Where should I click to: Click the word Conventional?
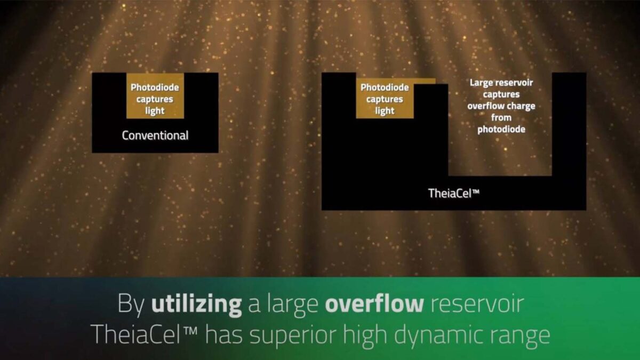click(x=155, y=135)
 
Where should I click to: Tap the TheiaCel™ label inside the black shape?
click(x=454, y=194)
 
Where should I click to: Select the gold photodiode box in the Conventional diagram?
click(x=155, y=95)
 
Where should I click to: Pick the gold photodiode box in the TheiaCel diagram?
click(x=385, y=98)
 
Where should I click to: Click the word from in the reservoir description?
click(x=501, y=118)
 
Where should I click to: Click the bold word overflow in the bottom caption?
click(x=374, y=303)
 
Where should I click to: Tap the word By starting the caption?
click(x=131, y=305)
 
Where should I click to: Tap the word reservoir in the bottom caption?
click(x=477, y=304)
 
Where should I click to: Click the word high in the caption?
click(x=365, y=335)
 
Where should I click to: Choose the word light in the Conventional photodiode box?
click(x=155, y=111)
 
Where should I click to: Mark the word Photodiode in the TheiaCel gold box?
click(x=385, y=87)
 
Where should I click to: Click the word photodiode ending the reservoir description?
click(x=501, y=130)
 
